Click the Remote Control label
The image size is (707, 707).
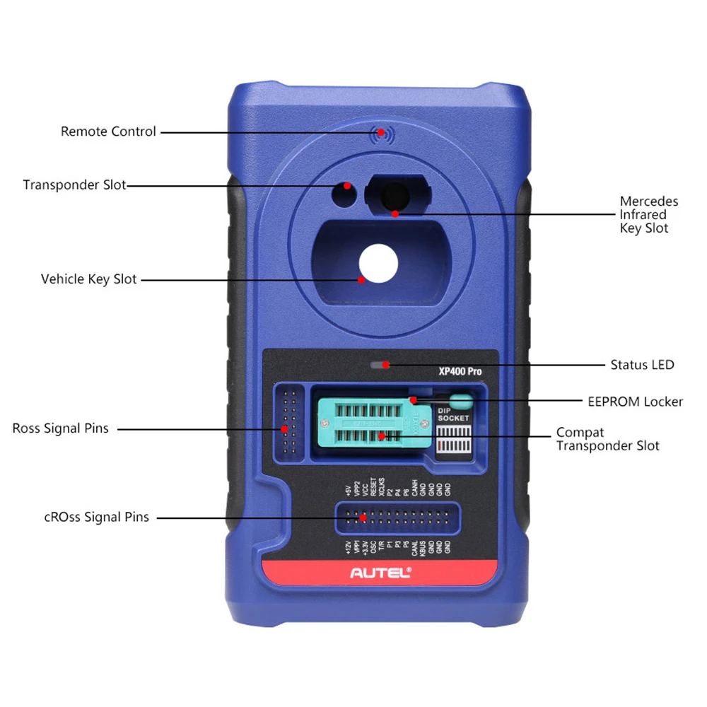pyautogui.click(x=108, y=132)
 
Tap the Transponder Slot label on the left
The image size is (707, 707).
pyautogui.click(x=74, y=185)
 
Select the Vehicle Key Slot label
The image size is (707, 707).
pyautogui.click(x=89, y=279)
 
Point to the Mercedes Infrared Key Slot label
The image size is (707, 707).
pyautogui.click(x=648, y=214)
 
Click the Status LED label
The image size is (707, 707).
pyautogui.click(x=642, y=365)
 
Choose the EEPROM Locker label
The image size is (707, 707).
pyautogui.click(x=635, y=402)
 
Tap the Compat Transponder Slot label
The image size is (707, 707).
pyautogui.click(x=607, y=438)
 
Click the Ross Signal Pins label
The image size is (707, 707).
pyautogui.click(x=61, y=428)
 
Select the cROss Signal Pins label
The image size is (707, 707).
pyautogui.click(x=96, y=518)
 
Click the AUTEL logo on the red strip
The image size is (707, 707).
pyautogui.click(x=380, y=573)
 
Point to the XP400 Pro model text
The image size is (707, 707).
pyautogui.click(x=460, y=369)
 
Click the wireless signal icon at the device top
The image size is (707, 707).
pyautogui.click(x=381, y=132)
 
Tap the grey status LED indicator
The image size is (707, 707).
pyautogui.click(x=379, y=365)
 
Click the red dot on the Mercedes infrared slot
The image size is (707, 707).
pyautogui.click(x=396, y=213)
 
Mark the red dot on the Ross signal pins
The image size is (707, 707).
pyautogui.click(x=284, y=428)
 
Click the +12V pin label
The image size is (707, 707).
pyautogui.click(x=347, y=547)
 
